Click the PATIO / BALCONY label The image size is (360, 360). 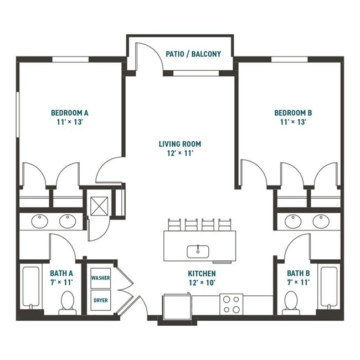point(193,54)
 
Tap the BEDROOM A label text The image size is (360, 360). point(70,113)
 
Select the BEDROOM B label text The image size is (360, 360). point(290,113)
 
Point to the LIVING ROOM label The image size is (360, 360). point(180,144)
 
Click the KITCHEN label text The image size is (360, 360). point(202,274)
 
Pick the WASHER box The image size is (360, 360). point(100,278)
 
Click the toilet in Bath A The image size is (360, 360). point(68,304)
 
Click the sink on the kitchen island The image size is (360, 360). point(197,251)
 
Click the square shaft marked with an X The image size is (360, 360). point(99,206)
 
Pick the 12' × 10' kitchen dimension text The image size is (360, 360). point(202,282)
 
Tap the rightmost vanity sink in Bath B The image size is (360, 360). point(321,222)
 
